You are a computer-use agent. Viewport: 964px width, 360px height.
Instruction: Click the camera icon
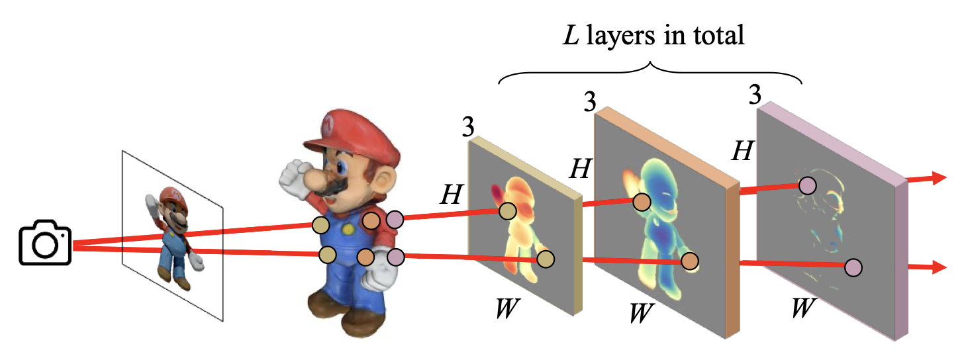(45, 245)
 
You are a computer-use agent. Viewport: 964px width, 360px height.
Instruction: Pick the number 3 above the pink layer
(753, 95)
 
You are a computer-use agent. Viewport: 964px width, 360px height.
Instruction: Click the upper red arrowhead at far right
(938, 177)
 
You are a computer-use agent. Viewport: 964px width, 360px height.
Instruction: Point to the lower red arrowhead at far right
(938, 267)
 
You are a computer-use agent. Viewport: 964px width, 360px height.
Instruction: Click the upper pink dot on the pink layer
(807, 186)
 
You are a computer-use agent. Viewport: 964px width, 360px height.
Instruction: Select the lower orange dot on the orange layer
(691, 262)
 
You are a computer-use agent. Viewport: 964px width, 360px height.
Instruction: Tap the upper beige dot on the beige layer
(507, 211)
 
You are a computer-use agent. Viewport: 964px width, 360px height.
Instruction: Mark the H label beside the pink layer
(742, 152)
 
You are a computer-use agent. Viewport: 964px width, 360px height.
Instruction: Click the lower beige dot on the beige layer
(546, 259)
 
